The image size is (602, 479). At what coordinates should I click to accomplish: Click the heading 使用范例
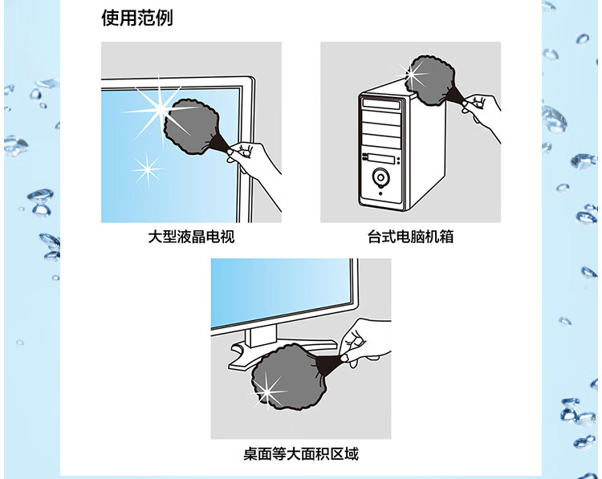pyautogui.click(x=137, y=18)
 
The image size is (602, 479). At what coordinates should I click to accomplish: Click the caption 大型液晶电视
pyautogui.click(x=191, y=237)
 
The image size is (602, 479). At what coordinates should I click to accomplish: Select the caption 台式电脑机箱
pyautogui.click(x=410, y=237)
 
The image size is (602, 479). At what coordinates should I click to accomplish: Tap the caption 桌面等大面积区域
pyautogui.click(x=301, y=454)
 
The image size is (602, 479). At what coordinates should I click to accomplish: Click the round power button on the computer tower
pyautogui.click(x=380, y=177)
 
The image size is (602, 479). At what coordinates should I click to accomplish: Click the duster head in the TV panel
pyautogui.click(x=192, y=126)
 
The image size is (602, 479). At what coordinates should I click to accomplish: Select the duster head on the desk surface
pyautogui.click(x=283, y=376)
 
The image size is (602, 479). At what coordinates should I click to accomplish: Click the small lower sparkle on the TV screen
pyautogui.click(x=147, y=169)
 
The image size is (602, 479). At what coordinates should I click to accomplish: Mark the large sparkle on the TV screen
pyautogui.click(x=159, y=111)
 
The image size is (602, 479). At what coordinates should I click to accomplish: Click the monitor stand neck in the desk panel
pyautogui.click(x=261, y=336)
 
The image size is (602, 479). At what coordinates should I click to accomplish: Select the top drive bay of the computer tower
pyautogui.click(x=381, y=104)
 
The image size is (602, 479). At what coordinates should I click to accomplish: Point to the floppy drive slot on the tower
pyautogui.click(x=380, y=159)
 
